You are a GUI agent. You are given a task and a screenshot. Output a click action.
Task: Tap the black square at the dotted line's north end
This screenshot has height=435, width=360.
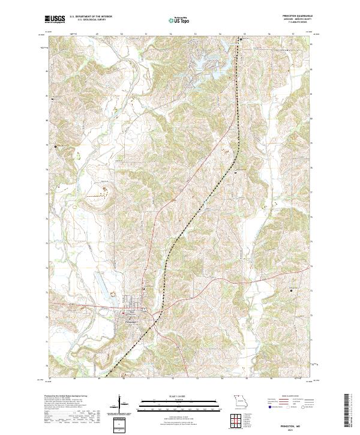[x=241, y=39]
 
